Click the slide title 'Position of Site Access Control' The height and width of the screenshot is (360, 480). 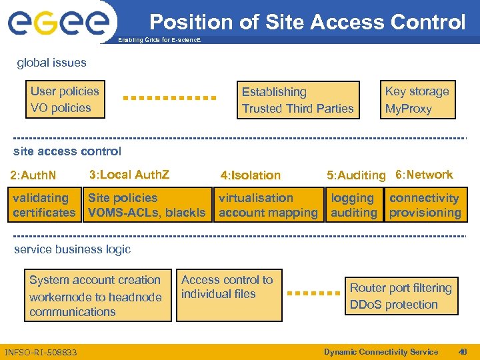[x=307, y=22]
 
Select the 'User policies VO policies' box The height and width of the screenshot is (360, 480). [x=65, y=100]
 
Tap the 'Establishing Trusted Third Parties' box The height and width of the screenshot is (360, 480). [x=298, y=100]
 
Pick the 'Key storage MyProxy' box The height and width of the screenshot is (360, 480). [x=417, y=100]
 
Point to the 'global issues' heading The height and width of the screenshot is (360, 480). [x=51, y=63]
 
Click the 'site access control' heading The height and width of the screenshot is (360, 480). [x=67, y=151]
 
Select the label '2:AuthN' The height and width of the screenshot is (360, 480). [x=33, y=176]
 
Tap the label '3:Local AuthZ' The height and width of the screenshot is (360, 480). [x=129, y=175]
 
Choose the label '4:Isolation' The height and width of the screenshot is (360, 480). [x=250, y=175]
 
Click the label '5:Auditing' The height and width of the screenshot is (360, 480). [x=356, y=175]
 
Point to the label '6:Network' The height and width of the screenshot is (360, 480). [x=424, y=175]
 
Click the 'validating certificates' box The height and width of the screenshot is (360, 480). [x=45, y=205]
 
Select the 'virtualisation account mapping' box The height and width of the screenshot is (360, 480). [x=268, y=205]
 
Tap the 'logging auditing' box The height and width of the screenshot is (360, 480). [x=354, y=205]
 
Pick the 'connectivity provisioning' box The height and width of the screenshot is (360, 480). [x=425, y=205]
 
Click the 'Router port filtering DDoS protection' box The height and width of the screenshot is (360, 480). [x=401, y=296]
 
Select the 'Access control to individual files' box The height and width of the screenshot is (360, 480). [x=227, y=293]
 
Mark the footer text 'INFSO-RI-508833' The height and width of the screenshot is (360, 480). [x=41, y=352]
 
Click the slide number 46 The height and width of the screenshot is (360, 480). [x=463, y=352]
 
